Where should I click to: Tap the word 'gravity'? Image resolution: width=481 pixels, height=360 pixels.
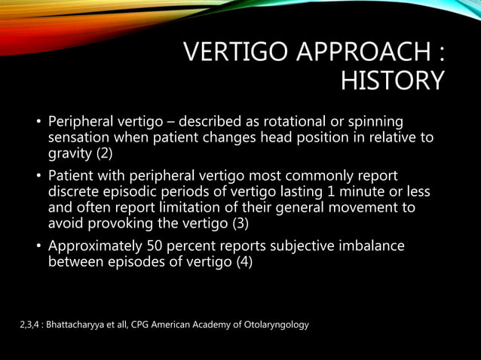pyautogui.click(x=70, y=154)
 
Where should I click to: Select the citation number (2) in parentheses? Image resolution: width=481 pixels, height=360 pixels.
pyautogui.click(x=106, y=154)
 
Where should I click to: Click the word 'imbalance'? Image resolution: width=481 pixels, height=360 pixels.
pyautogui.click(x=369, y=246)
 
